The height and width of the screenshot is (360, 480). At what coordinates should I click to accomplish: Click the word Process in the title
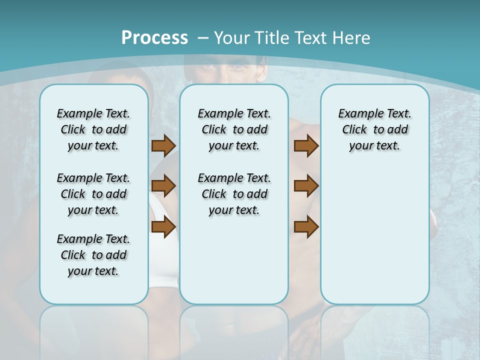pyautogui.click(x=154, y=37)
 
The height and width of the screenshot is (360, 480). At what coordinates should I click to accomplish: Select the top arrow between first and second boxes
pyautogui.click(x=163, y=145)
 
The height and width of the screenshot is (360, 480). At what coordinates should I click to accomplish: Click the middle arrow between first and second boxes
pyautogui.click(x=163, y=186)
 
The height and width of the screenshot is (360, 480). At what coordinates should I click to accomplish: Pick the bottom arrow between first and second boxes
pyautogui.click(x=163, y=227)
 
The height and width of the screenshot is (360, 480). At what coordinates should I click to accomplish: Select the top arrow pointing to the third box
pyautogui.click(x=306, y=145)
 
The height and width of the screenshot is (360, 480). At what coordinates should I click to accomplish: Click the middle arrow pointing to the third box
pyautogui.click(x=306, y=186)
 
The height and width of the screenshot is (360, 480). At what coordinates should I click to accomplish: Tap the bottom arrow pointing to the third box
pyautogui.click(x=306, y=227)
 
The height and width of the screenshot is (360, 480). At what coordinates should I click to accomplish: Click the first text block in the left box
pyautogui.click(x=93, y=129)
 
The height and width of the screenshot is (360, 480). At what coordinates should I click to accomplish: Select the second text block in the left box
pyautogui.click(x=93, y=194)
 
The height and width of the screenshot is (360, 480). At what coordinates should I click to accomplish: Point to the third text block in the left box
pyautogui.click(x=93, y=255)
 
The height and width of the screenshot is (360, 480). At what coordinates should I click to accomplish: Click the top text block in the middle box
pyautogui.click(x=234, y=129)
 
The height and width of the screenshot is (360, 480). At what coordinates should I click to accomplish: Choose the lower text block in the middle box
pyautogui.click(x=234, y=194)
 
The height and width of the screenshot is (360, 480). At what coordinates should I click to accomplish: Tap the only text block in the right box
pyautogui.click(x=374, y=129)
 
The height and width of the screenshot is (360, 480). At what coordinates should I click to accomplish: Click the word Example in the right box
pyautogui.click(x=356, y=114)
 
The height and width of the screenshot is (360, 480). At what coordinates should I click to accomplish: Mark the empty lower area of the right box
pyautogui.click(x=374, y=235)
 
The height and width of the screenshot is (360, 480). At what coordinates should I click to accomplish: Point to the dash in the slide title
pyautogui.click(x=203, y=38)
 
